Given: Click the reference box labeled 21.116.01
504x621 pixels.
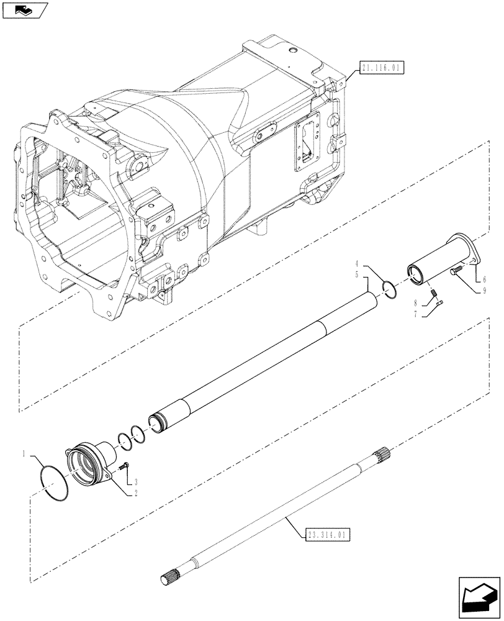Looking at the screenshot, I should click(x=380, y=66).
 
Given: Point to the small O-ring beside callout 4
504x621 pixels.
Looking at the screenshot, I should click(x=390, y=290).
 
